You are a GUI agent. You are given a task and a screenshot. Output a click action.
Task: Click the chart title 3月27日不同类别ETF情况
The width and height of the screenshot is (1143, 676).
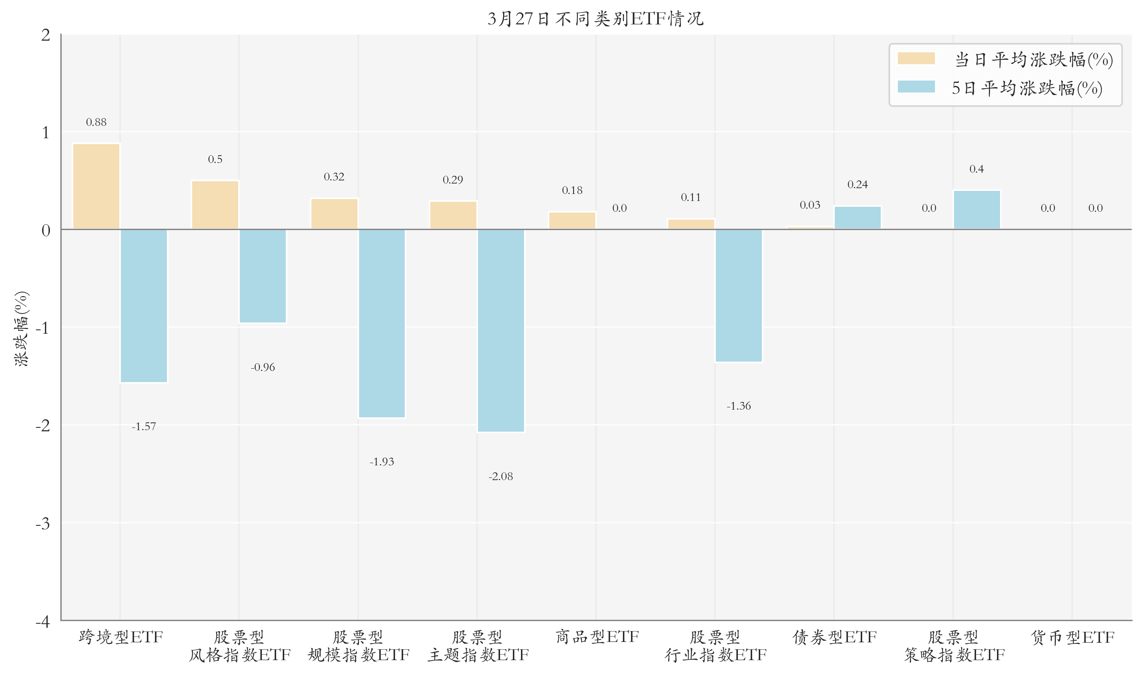point(595,19)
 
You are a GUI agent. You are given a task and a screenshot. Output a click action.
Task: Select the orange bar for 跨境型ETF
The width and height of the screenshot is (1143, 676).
point(96,186)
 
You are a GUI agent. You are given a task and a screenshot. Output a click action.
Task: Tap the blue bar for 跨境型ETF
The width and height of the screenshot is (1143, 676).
point(143,305)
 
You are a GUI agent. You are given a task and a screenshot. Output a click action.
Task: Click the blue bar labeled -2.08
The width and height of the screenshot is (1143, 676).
point(501,330)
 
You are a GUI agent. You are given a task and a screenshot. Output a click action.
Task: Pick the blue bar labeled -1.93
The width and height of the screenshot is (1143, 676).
point(382,323)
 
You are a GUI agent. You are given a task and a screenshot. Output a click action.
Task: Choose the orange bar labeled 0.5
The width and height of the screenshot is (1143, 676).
point(215,205)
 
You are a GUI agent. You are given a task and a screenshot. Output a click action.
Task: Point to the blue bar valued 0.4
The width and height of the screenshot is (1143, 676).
point(977,210)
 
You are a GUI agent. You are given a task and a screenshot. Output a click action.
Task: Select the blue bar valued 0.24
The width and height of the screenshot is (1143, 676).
point(858,218)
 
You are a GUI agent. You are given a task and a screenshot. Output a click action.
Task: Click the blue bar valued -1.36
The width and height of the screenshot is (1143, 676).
point(739,295)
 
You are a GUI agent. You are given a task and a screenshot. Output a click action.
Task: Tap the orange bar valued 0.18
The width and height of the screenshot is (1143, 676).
point(572,220)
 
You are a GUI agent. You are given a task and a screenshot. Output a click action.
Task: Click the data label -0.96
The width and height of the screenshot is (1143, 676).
point(263,367)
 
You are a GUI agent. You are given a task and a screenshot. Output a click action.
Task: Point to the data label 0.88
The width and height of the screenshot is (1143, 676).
point(96,122)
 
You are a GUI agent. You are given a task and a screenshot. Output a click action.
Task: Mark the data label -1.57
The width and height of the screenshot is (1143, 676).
point(143,426)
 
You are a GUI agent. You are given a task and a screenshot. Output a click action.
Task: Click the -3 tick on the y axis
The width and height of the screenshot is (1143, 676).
point(43,523)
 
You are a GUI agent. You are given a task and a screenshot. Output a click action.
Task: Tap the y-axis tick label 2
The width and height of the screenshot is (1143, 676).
point(46,35)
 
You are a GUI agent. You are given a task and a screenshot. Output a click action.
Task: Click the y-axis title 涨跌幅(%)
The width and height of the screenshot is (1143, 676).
point(21,328)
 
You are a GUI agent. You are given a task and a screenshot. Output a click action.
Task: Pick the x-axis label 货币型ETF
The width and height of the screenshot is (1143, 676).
point(1072,637)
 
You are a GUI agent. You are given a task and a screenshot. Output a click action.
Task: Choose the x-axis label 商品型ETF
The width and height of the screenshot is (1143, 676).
point(597,637)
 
